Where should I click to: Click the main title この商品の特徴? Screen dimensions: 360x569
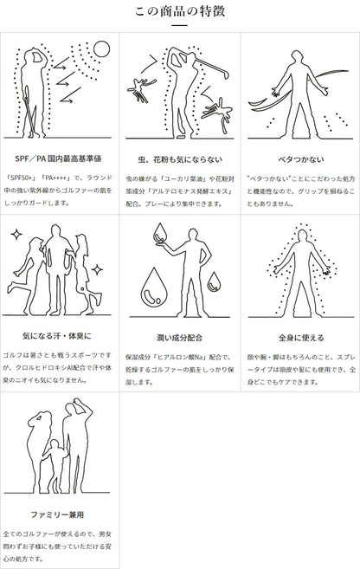pos(180,11)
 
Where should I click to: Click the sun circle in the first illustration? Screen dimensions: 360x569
pos(101,49)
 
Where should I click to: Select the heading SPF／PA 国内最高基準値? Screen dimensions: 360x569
pos(58,158)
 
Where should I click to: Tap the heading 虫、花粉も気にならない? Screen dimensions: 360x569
pos(180,159)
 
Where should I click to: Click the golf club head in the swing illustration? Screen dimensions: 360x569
pos(227,74)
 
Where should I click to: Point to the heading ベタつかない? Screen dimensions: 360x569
pos(301,159)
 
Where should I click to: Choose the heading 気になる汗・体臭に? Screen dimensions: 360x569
pos(57,336)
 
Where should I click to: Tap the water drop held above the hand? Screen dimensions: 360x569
pos(159,233)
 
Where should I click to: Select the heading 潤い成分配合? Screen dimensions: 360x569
pos(179,338)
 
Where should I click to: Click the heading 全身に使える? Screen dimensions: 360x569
pos(301,338)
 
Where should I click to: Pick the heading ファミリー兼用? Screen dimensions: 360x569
pos(57,514)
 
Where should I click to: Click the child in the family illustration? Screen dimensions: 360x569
pos(55,465)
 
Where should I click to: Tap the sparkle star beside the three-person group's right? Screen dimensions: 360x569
pos(97,269)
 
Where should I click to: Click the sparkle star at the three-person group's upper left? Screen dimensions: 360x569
pos(16,235)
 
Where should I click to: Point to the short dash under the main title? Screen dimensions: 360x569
pos(179,25)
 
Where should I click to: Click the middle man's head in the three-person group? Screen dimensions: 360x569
pos(56,231)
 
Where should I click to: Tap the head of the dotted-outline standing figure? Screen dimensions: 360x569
pos(302,236)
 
